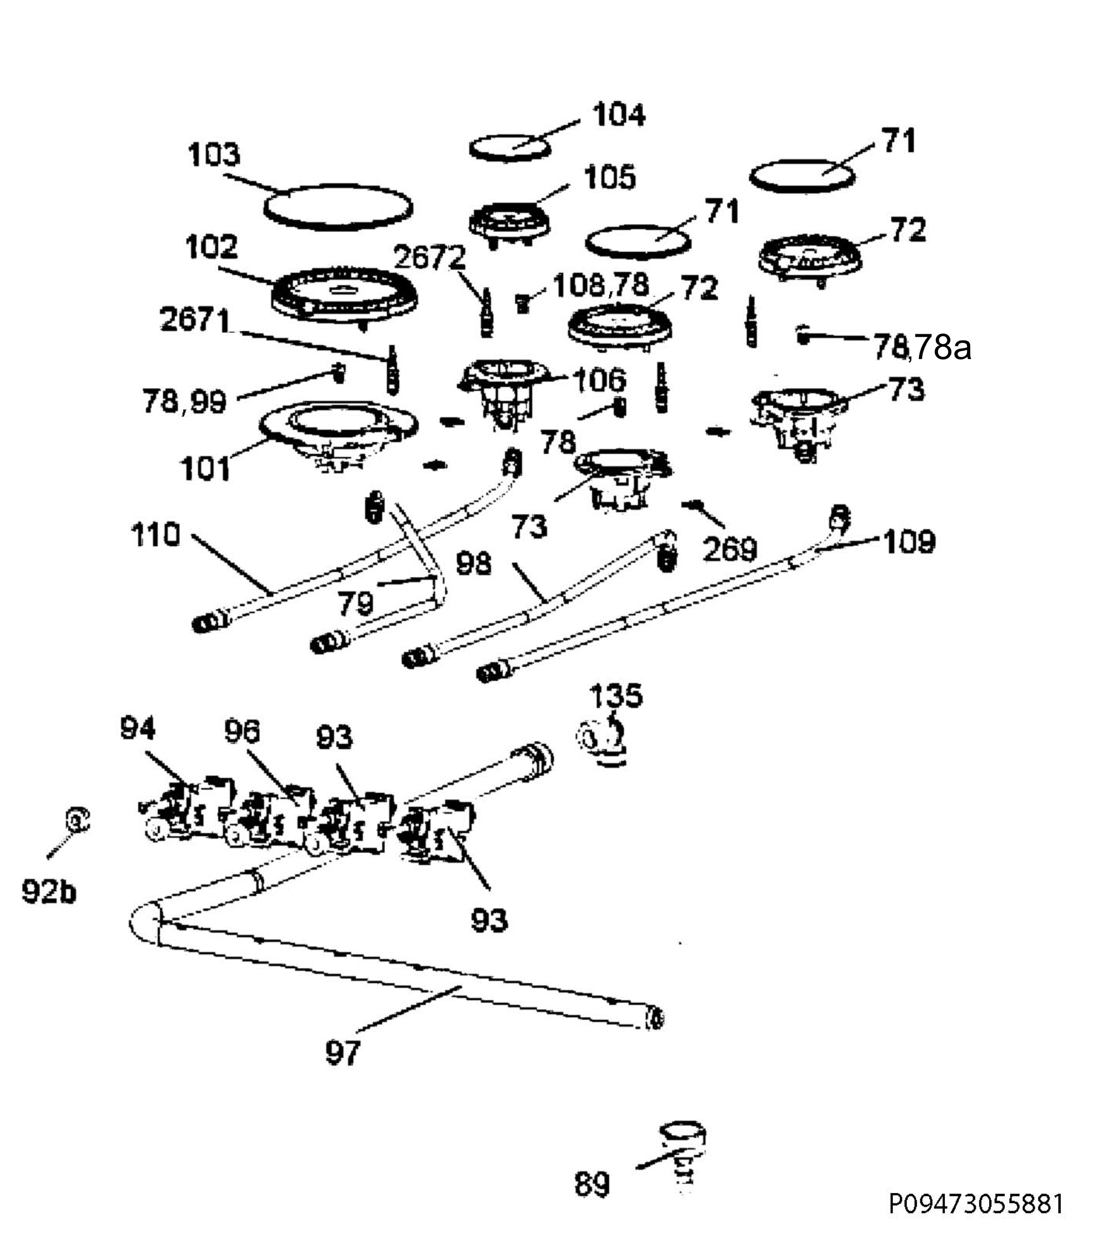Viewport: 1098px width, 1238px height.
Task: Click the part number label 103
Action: (x=213, y=155)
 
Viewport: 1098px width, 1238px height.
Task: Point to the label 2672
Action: (x=430, y=257)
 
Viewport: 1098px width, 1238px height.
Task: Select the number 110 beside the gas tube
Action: (x=156, y=535)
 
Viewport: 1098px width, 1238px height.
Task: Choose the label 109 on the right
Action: (x=910, y=542)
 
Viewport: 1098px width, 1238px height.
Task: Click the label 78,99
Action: (x=185, y=401)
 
